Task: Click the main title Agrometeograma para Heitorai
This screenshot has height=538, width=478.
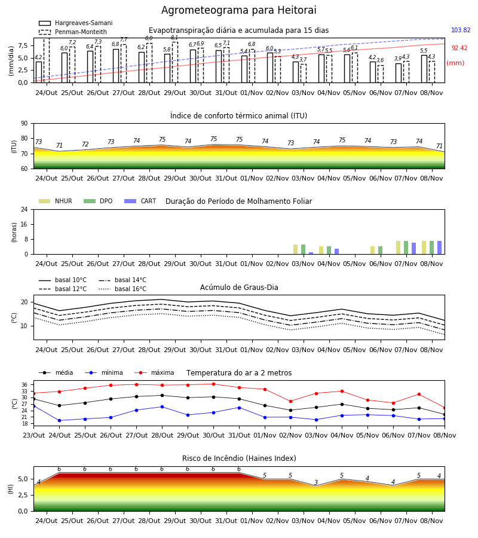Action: click(238, 10)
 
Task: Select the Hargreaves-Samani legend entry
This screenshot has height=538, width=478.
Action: click(75, 23)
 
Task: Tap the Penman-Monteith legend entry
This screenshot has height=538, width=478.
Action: click(73, 32)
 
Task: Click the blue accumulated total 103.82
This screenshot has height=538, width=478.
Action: click(461, 30)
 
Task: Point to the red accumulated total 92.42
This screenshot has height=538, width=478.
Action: click(459, 48)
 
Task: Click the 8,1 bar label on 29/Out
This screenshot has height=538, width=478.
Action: click(174, 38)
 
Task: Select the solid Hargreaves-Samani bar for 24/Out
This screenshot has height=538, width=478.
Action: click(39, 72)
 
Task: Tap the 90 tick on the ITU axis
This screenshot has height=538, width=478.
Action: click(24, 124)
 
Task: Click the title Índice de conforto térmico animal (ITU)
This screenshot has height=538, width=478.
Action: click(238, 115)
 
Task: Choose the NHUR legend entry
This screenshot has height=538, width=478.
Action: click(56, 201)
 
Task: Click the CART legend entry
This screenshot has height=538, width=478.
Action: click(140, 201)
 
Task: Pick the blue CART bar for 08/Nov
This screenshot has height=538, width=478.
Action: click(440, 247)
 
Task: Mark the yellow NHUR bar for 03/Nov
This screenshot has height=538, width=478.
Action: click(296, 249)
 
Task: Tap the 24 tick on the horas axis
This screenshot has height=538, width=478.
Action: click(24, 210)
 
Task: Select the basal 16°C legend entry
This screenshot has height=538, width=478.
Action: click(122, 289)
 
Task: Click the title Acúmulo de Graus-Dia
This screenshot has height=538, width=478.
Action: click(239, 288)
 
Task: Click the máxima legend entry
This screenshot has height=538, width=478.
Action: click(154, 372)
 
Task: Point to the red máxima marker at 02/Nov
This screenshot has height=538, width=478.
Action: click(291, 402)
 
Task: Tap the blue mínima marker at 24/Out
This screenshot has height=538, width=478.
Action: click(59, 421)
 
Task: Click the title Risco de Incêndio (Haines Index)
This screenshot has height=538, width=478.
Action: click(239, 458)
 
